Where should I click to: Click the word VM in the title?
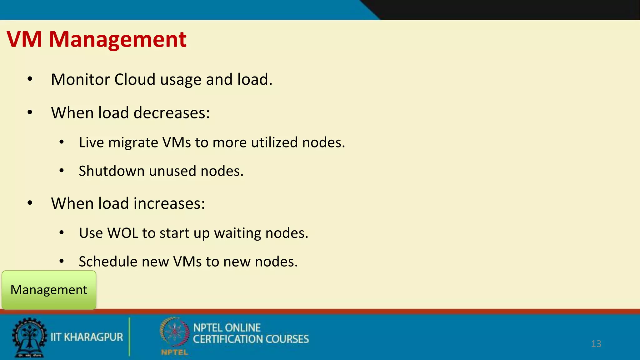click(x=24, y=39)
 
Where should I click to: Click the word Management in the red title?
click(x=118, y=39)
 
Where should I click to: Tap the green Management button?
click(x=49, y=290)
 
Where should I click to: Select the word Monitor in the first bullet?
click(x=80, y=79)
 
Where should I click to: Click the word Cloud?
click(x=135, y=79)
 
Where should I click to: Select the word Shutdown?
click(x=112, y=171)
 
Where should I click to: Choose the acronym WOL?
click(x=122, y=233)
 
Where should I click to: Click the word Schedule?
click(x=108, y=262)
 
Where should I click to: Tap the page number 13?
click(x=596, y=344)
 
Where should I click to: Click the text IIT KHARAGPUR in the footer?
click(x=87, y=337)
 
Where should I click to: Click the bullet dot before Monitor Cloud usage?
click(x=30, y=79)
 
